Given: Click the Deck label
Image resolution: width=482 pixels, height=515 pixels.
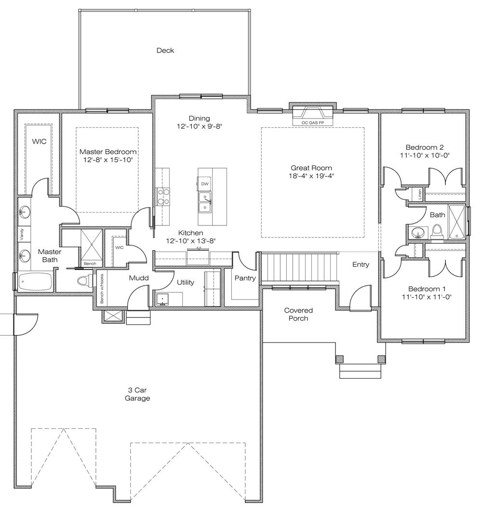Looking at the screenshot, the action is tap(165, 50).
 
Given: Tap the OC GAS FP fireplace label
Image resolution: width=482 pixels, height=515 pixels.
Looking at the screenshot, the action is tap(312, 122).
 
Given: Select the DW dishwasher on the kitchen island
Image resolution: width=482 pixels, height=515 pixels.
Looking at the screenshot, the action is tap(204, 184).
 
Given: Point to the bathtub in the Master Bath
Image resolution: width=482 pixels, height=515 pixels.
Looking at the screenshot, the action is tap(35, 281).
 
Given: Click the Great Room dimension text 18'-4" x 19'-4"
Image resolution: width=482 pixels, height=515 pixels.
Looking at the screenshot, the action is tap(311, 176).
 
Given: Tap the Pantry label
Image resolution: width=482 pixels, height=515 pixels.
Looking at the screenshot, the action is tap(245, 278).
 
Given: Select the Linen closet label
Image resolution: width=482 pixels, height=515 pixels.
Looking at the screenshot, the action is tap(419, 195).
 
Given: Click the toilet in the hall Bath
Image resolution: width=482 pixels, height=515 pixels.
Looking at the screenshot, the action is tap(437, 232).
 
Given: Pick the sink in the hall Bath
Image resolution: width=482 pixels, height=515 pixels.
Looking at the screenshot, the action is tap(418, 233).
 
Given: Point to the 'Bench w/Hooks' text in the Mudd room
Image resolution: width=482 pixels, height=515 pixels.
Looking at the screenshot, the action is tap(102, 289).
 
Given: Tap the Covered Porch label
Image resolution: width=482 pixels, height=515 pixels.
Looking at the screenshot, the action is tap(298, 314).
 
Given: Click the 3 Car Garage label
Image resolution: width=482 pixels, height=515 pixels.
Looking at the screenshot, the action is tap(137, 394).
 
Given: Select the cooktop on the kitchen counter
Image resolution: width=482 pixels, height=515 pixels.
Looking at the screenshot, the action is tap(163, 196).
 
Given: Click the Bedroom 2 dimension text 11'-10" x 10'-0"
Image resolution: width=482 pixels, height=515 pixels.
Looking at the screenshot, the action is tap(425, 155).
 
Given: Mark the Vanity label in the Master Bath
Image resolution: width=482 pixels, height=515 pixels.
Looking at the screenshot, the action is tap(22, 235).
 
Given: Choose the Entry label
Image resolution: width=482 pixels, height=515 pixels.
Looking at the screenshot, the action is tap(361, 264).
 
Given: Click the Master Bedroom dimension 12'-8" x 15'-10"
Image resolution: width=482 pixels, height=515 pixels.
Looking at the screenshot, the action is tap(108, 159).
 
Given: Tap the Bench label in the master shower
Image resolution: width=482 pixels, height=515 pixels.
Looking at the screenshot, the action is tap(90, 264).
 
